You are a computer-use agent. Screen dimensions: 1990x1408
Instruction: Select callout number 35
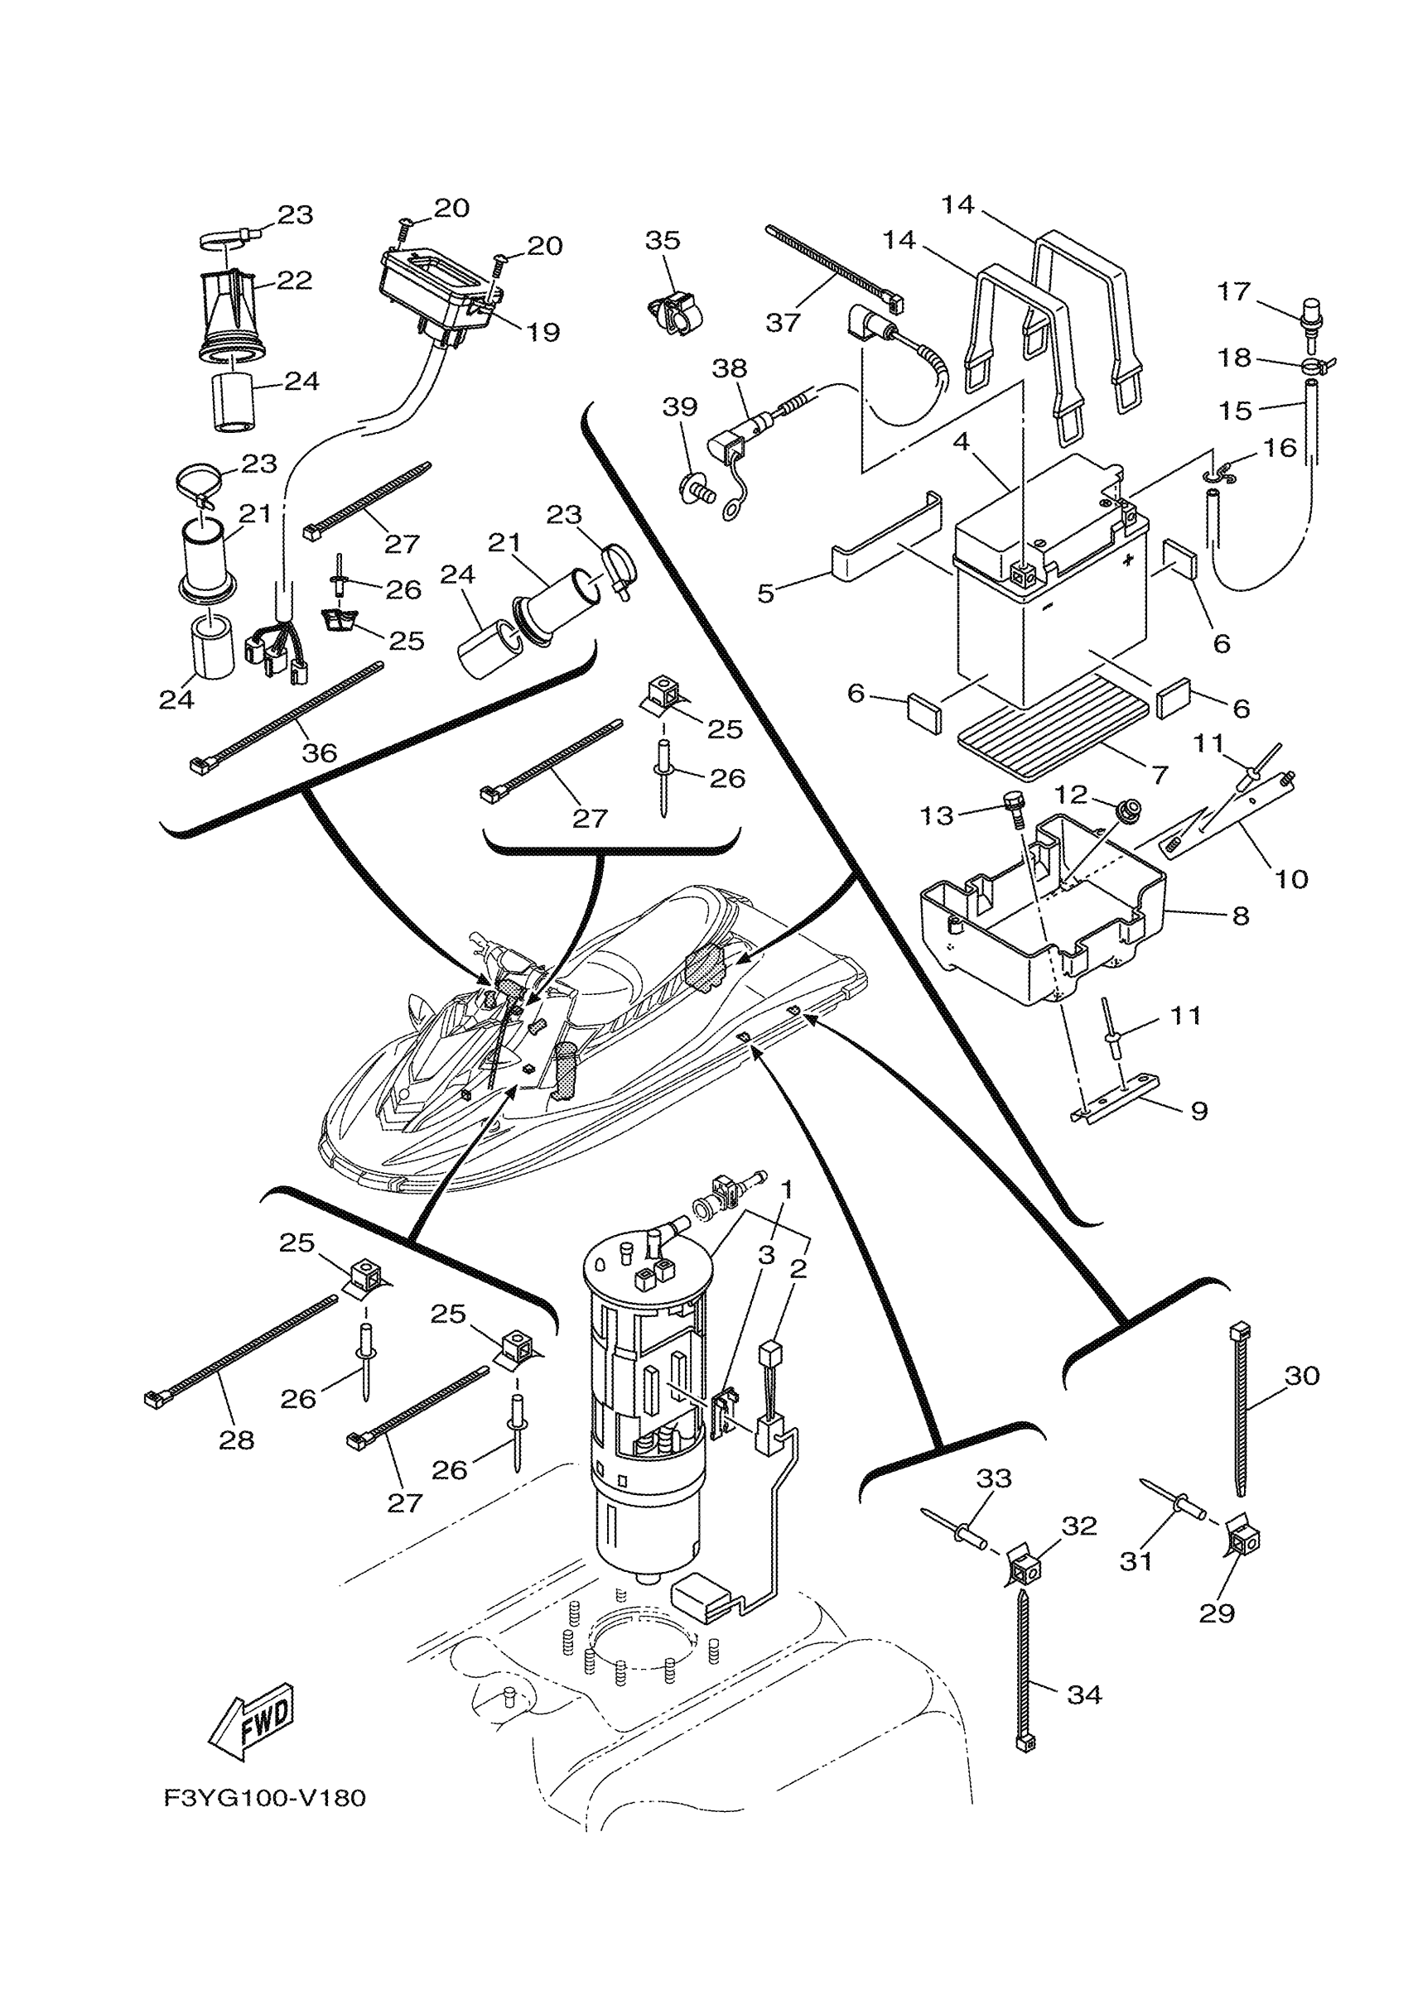pos(663,240)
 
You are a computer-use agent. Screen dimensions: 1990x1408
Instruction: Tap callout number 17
pos(1233,291)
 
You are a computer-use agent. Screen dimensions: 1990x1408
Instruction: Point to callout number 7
pos(1160,773)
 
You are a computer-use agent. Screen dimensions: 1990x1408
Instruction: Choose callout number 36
pos(319,752)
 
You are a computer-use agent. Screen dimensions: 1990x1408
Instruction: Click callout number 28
pos(237,1440)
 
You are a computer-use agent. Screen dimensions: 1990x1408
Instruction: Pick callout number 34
pos(1083,1694)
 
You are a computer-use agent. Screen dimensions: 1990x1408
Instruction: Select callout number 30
pos(1301,1376)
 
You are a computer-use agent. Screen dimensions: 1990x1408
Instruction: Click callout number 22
pos(294,280)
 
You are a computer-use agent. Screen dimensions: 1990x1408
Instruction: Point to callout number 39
pos(680,406)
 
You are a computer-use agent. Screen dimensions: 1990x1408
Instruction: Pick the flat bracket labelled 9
pos(1118,1101)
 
